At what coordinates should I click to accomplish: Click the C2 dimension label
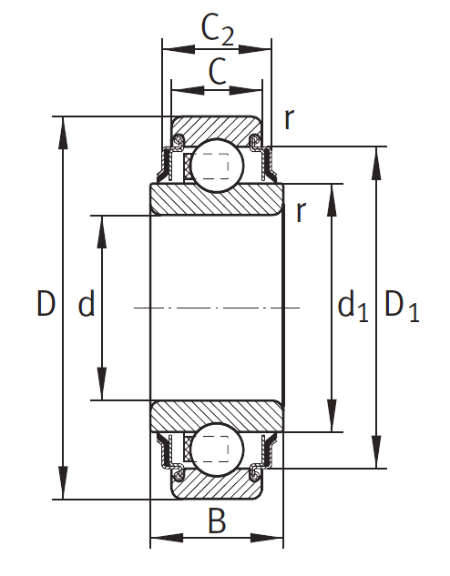[218, 31]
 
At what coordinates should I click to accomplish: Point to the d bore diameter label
[87, 303]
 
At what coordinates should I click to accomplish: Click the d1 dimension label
[353, 305]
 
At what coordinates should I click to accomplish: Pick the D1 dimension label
[402, 307]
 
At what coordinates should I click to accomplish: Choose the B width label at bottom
[217, 520]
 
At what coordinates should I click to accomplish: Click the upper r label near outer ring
[290, 119]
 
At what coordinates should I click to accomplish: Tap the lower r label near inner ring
[301, 212]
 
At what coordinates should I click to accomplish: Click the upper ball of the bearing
[217, 166]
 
